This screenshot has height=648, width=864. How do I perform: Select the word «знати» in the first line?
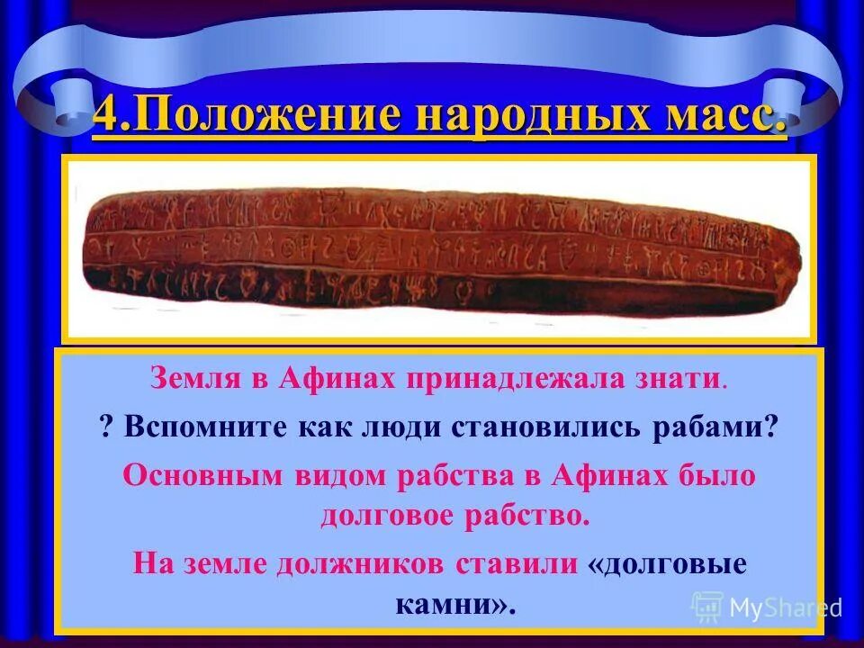coord(676,379)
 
